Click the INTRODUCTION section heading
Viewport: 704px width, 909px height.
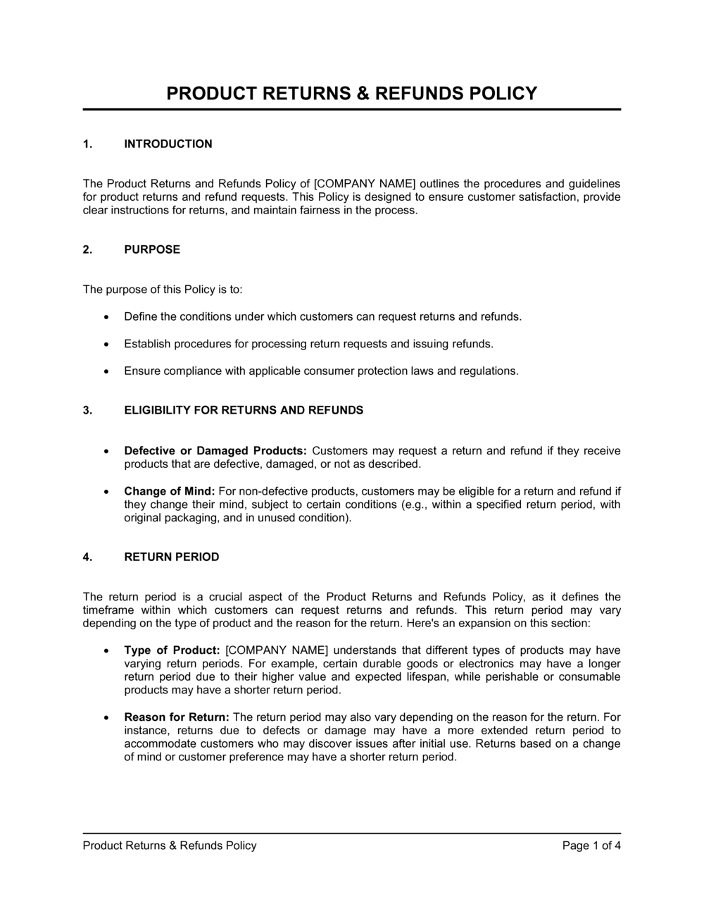[168, 144]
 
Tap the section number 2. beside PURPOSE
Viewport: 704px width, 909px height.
[87, 249]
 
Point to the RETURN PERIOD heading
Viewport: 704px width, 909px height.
[171, 557]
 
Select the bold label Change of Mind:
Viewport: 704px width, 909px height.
[170, 491]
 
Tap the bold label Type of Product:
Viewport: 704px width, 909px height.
[172, 650]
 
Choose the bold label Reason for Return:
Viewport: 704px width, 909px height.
[177, 717]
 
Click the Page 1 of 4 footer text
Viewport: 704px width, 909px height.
[591, 846]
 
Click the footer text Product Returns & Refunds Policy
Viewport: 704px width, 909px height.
[170, 846]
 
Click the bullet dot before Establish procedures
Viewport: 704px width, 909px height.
[106, 345]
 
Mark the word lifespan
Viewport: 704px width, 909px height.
[427, 677]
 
